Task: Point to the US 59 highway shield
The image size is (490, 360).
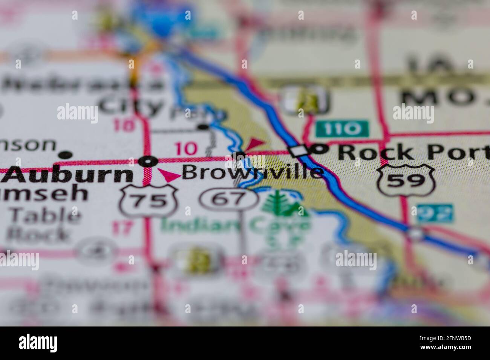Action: point(406,180)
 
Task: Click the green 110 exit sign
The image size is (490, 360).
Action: point(341,129)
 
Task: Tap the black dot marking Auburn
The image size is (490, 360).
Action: point(148,161)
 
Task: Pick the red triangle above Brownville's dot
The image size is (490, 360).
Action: point(255,143)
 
